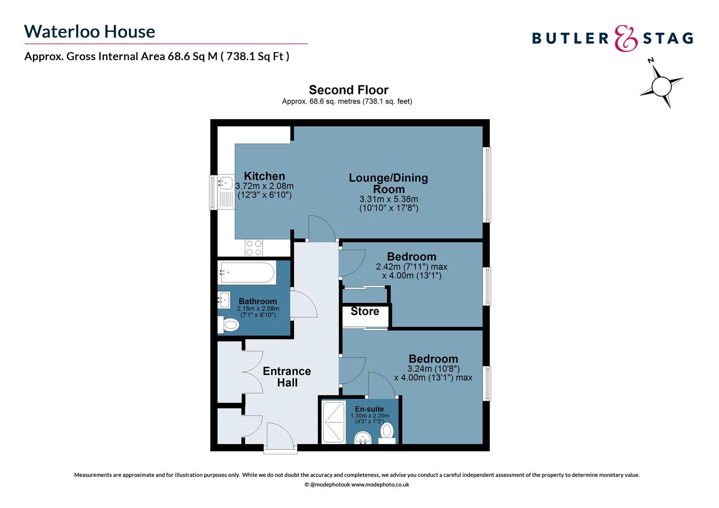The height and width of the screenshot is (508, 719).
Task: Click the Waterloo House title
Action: point(89,32)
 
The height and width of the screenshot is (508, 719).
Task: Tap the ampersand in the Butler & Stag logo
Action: point(626,39)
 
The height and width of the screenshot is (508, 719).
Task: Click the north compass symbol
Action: point(661,86)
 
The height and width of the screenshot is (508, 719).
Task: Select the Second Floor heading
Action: point(348,90)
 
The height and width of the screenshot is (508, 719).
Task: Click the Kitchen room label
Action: point(264,176)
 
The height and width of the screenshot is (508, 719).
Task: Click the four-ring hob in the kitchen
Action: point(254,248)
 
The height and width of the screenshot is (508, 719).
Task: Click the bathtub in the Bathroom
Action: point(247,273)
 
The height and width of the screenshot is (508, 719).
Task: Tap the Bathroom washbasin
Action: point(224,300)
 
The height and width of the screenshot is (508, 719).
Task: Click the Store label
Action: point(365,311)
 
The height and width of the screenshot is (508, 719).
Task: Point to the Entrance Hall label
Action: point(287,377)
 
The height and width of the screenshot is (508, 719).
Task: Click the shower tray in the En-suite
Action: point(334,422)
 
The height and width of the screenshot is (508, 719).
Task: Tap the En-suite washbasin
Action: point(362,438)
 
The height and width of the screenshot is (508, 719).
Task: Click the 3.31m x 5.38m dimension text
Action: point(389,199)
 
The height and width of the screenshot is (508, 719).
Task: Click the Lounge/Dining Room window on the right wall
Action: point(487,184)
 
